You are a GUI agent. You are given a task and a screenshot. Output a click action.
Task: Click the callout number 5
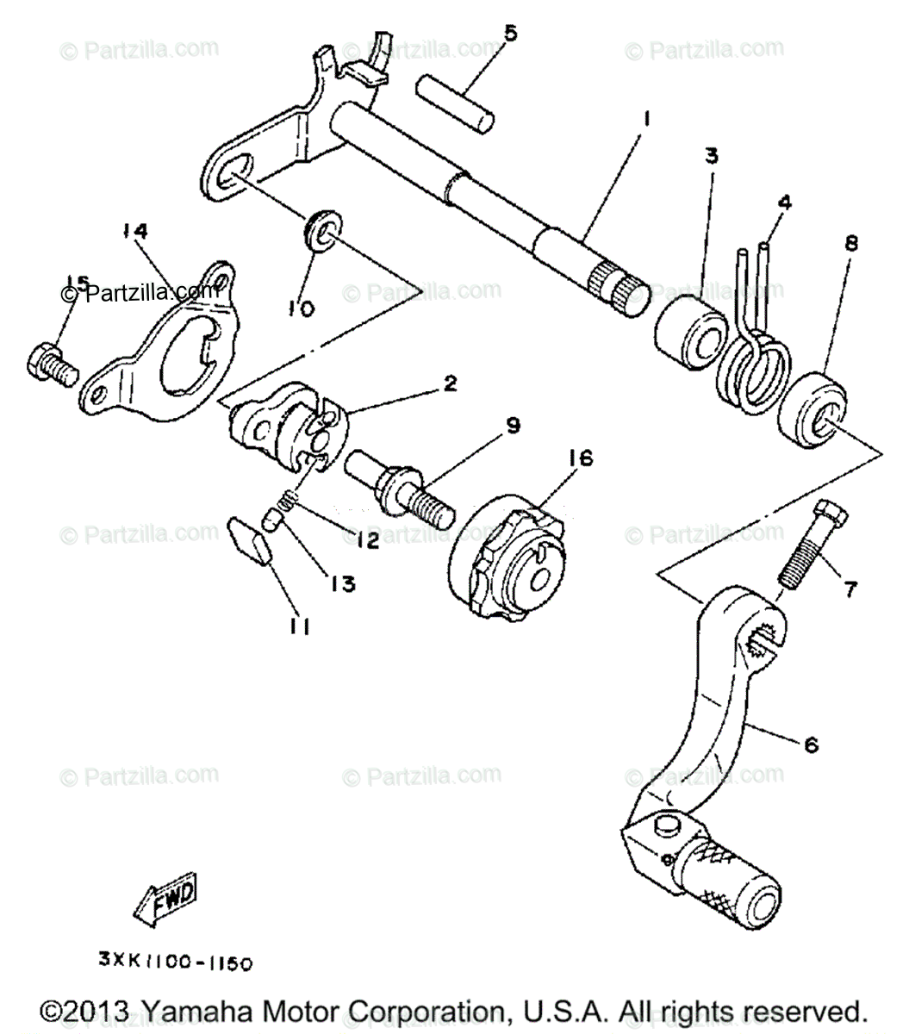pos(510,34)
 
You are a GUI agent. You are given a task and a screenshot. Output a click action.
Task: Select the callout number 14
pos(134,232)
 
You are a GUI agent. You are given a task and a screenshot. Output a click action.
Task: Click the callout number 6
pos(811,744)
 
